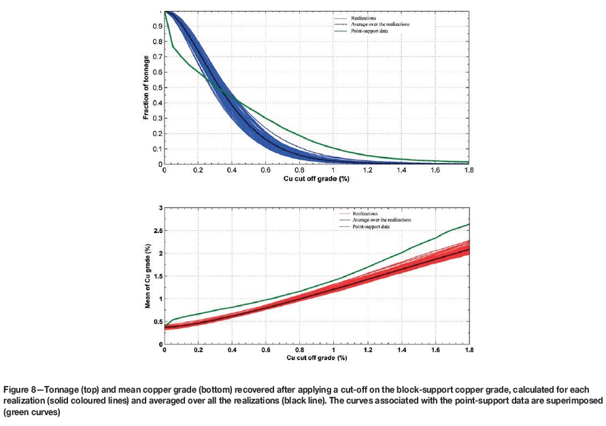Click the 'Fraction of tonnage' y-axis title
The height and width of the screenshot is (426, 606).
point(147,88)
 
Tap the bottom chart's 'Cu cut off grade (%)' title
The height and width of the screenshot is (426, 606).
point(316,357)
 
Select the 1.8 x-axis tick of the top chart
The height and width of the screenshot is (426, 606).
point(469,171)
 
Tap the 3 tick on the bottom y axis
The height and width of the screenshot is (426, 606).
point(160,207)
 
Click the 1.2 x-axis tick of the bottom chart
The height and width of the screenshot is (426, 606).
point(367,350)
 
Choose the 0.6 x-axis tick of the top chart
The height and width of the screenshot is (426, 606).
point(266,171)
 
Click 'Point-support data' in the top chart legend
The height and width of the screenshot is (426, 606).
point(371,31)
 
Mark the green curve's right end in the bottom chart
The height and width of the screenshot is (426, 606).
point(469,224)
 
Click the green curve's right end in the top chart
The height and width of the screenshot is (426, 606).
point(469,162)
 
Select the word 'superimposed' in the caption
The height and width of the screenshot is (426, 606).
point(578,401)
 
